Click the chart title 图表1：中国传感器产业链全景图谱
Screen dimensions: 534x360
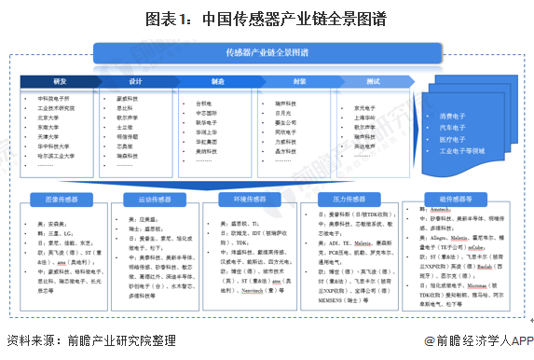click(x=267, y=17)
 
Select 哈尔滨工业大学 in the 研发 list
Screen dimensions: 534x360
click(x=58, y=157)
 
